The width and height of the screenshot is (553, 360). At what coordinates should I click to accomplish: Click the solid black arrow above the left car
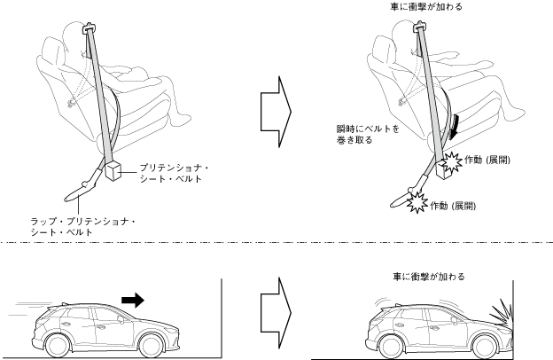(131, 301)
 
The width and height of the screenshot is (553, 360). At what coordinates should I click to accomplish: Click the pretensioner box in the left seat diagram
(115, 171)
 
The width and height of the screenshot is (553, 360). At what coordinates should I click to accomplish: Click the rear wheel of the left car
(58, 341)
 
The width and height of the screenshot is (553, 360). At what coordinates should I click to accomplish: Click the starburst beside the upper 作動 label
(452, 160)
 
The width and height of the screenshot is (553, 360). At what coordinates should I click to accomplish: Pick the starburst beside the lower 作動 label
(416, 205)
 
